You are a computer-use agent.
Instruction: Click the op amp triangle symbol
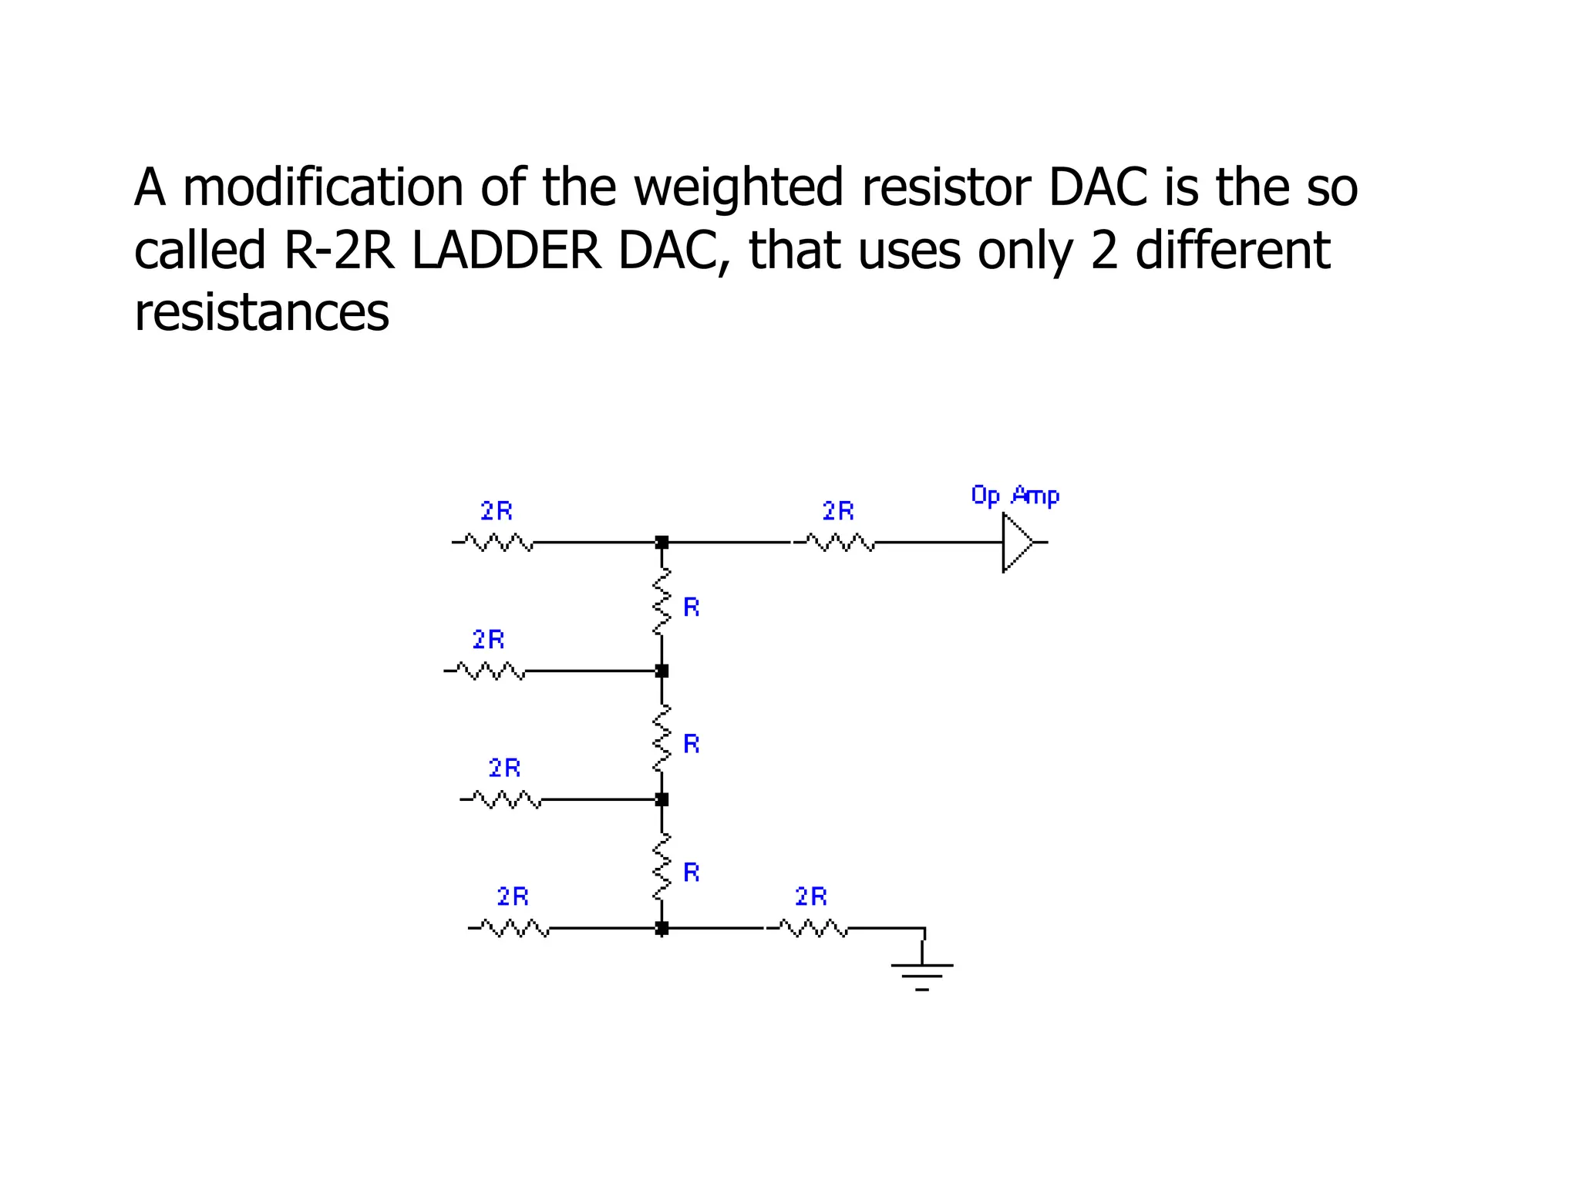tap(1017, 543)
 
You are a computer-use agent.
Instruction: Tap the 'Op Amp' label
tap(1015, 495)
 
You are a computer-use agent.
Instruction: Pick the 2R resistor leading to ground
tap(812, 928)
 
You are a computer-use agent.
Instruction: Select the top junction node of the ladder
tap(662, 543)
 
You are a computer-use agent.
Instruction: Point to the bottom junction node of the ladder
tap(662, 928)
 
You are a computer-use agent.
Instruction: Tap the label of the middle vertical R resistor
tap(692, 744)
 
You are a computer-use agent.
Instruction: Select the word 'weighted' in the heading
tap(739, 187)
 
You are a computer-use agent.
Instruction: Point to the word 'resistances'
tap(261, 312)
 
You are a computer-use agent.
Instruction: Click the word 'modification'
tap(322, 187)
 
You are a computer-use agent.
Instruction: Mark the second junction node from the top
tap(662, 671)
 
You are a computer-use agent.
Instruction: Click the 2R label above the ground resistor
tap(811, 896)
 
